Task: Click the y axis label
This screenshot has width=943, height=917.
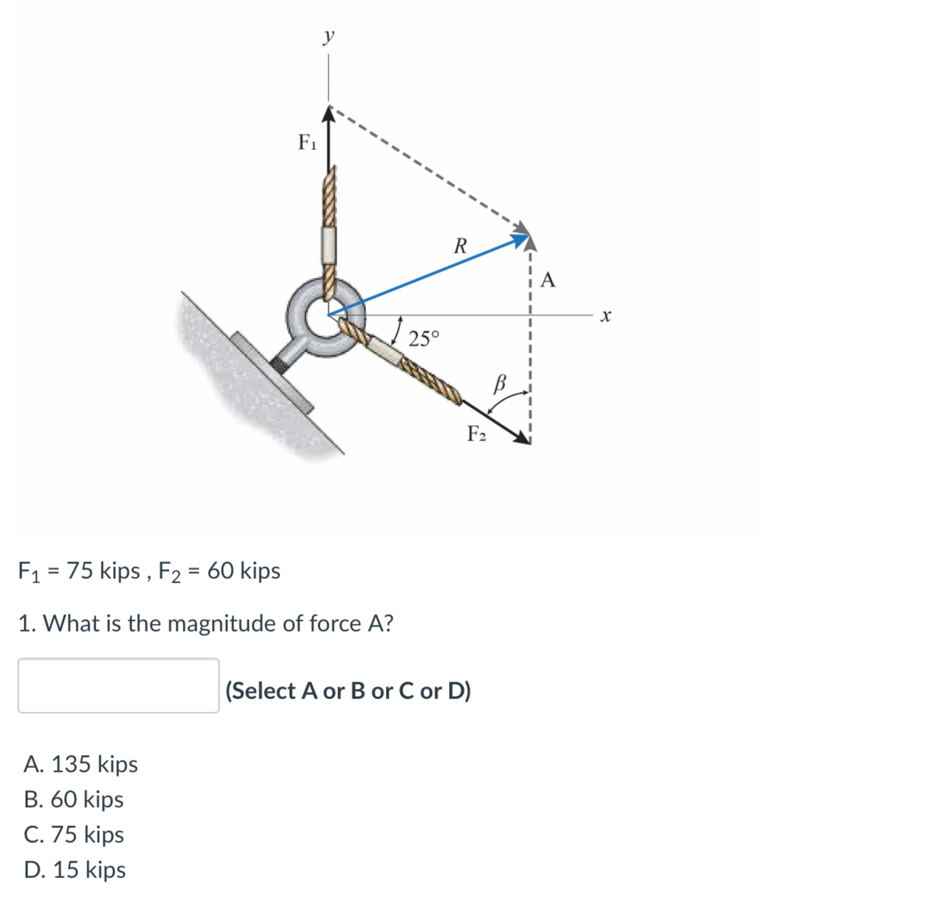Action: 329,36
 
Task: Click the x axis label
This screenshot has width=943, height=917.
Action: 605,316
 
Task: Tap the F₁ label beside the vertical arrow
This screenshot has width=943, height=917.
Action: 307,142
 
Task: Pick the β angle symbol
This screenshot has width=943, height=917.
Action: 500,384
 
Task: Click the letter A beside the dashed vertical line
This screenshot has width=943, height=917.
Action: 548,280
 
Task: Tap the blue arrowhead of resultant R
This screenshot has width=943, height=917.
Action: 520,239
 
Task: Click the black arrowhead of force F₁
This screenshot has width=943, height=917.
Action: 329,115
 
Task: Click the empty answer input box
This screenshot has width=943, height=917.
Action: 118,685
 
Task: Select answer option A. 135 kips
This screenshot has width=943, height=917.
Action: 81,764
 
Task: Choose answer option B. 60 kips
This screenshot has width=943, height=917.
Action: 74,799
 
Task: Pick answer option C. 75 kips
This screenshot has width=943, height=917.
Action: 74,834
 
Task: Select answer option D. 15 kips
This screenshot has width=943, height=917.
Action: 75,869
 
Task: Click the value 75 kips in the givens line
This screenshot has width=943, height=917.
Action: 103,571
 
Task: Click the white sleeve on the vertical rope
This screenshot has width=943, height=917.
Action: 329,244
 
